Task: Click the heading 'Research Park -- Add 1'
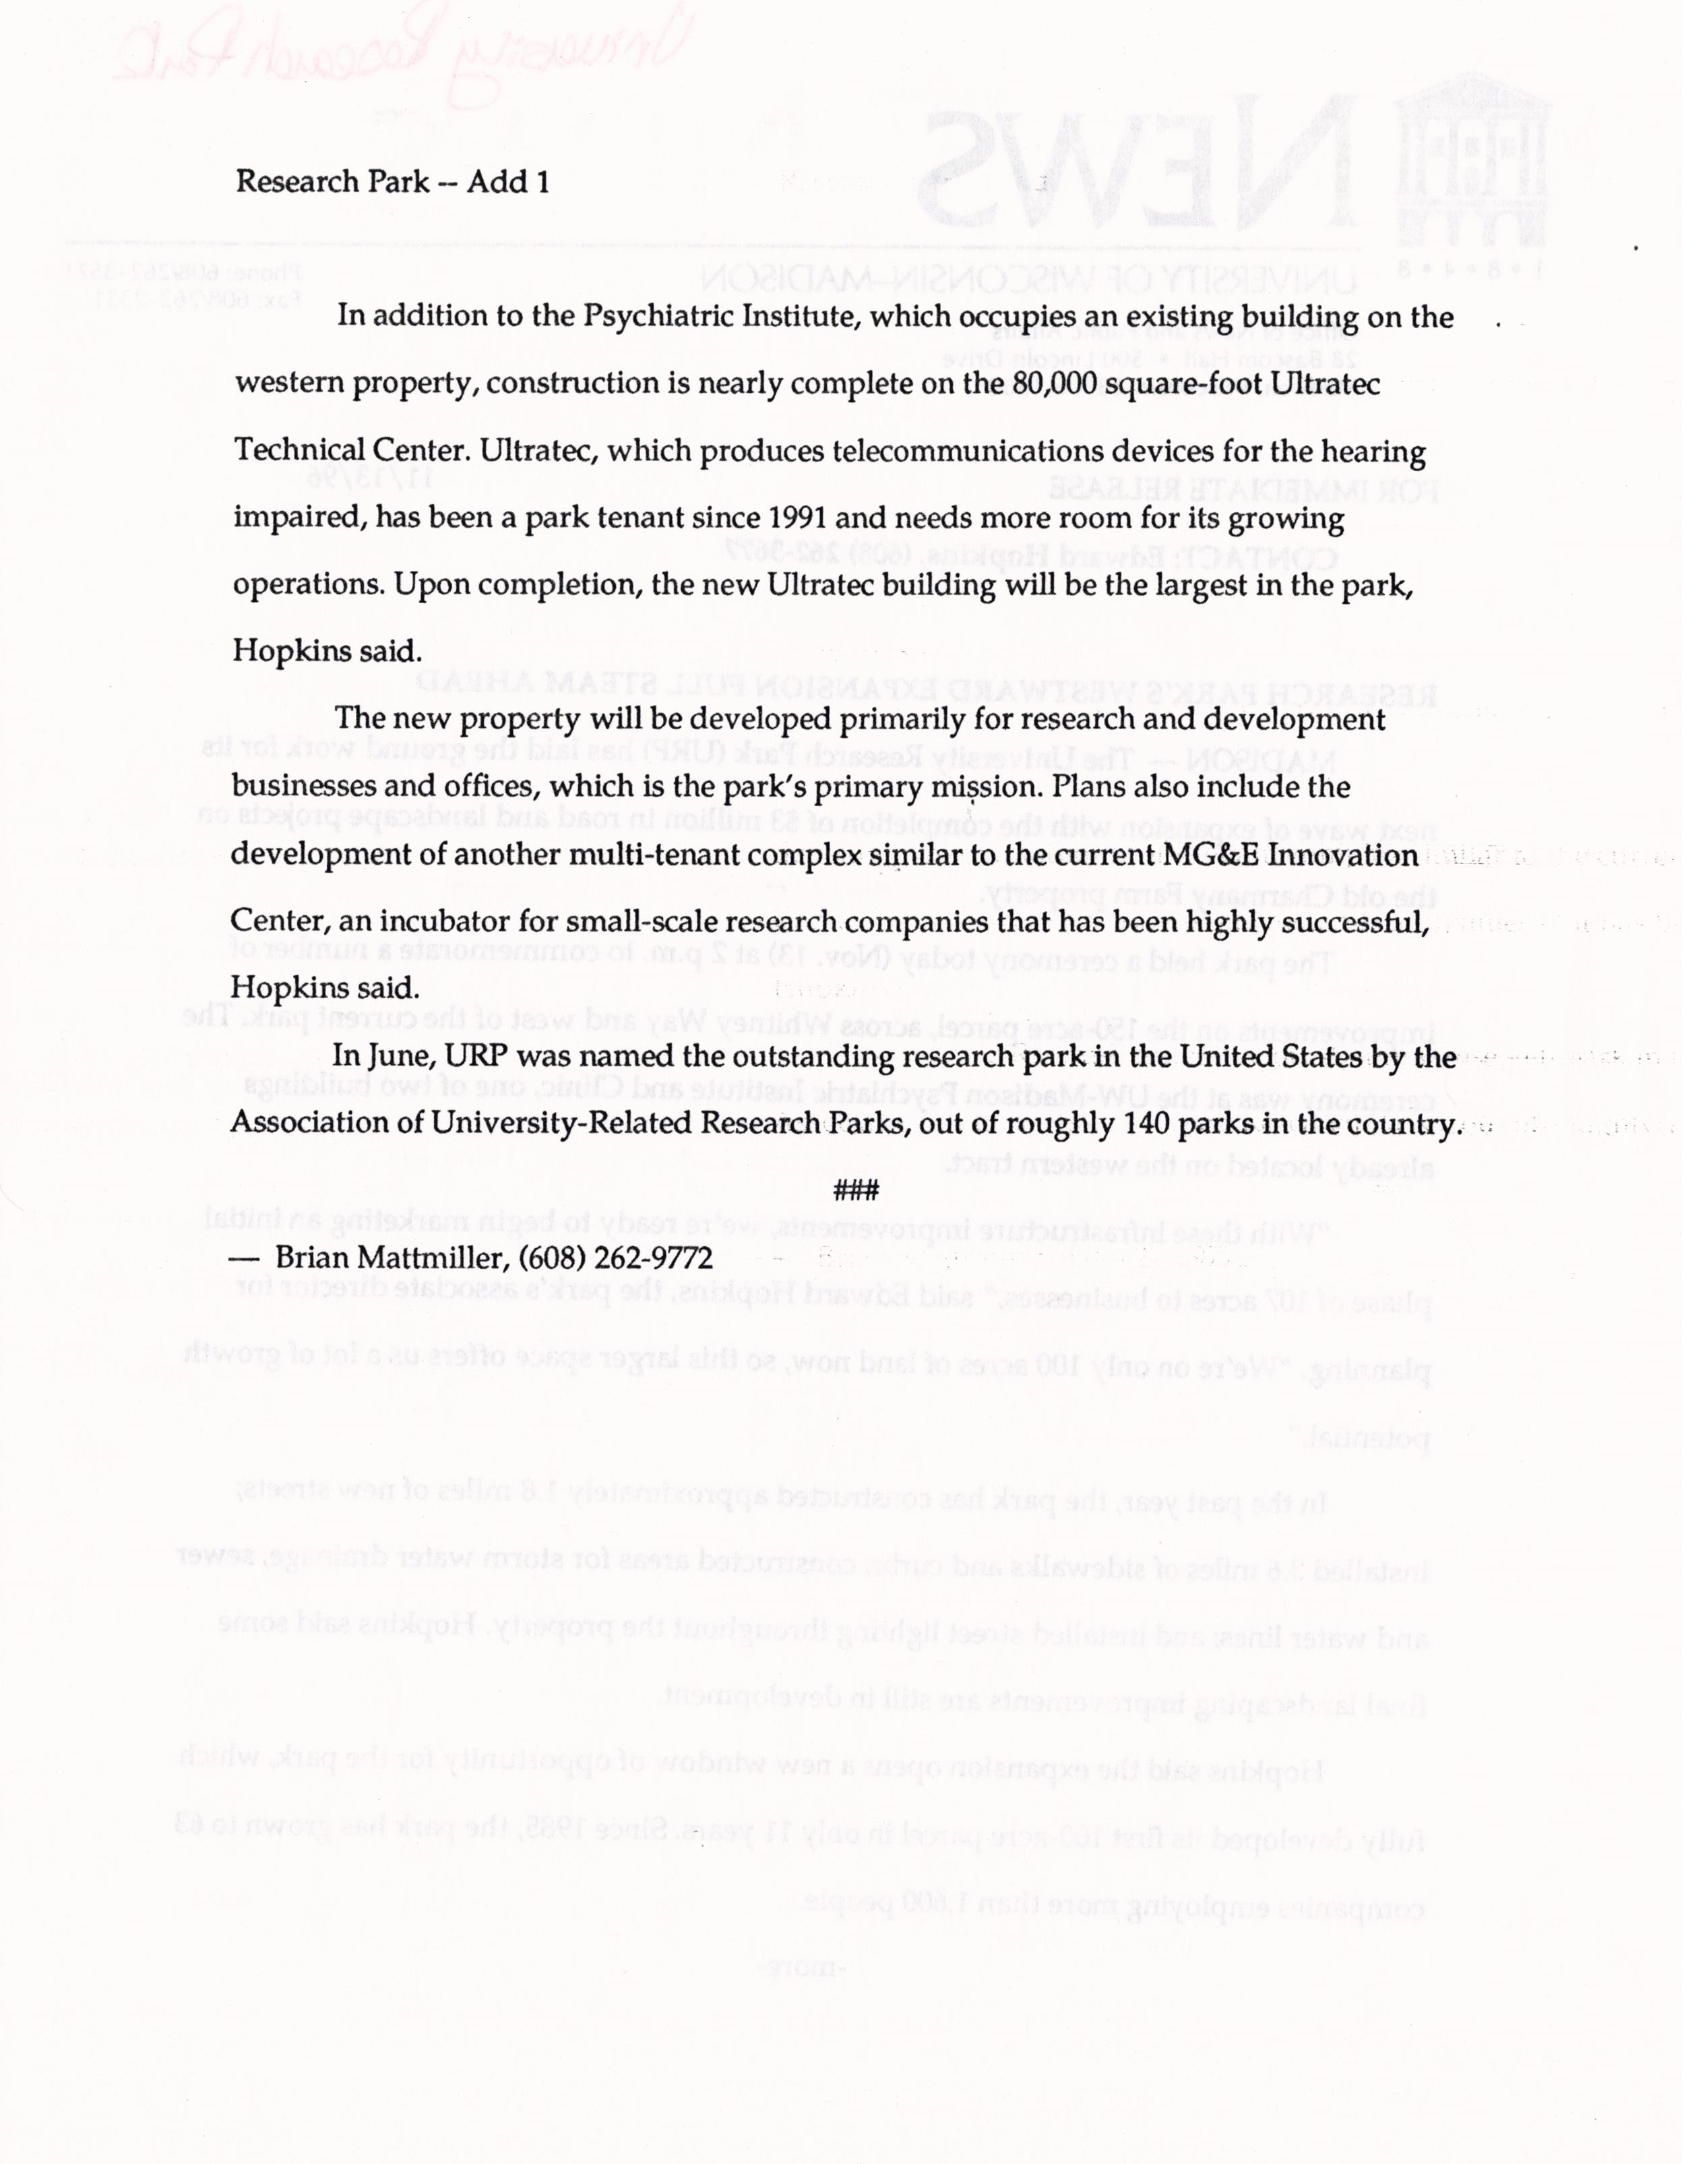click(x=392, y=183)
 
